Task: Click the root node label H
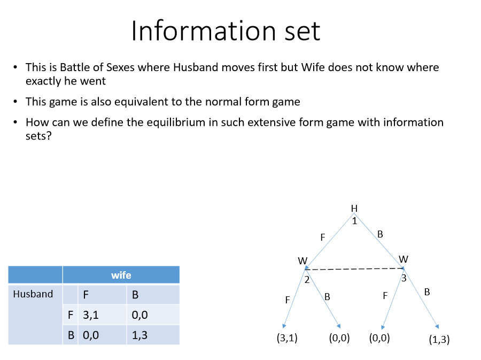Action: (x=354, y=208)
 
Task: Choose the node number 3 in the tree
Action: (x=404, y=278)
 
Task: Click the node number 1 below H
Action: (x=354, y=220)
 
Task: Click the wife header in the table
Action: (x=121, y=275)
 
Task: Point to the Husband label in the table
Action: (x=33, y=294)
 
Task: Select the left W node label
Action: (x=302, y=261)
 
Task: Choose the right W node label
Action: (x=404, y=259)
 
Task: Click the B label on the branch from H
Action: (x=380, y=234)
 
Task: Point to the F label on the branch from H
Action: (x=323, y=237)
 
